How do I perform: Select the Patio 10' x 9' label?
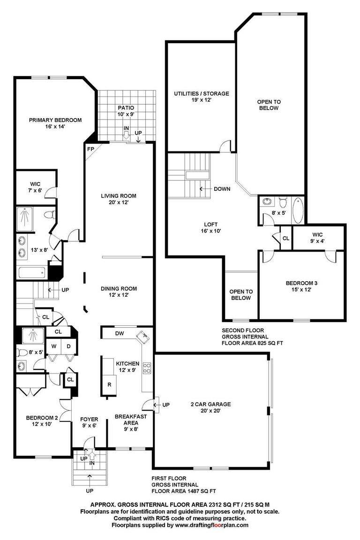point(126,111)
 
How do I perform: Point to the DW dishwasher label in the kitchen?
point(120,334)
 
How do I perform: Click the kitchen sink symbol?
point(143,336)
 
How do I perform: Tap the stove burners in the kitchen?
point(147,367)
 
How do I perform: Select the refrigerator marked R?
point(109,384)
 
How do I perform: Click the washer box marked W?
point(54,346)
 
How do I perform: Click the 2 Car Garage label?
point(210,407)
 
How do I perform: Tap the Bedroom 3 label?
point(301,286)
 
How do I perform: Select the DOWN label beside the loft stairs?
point(222,189)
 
